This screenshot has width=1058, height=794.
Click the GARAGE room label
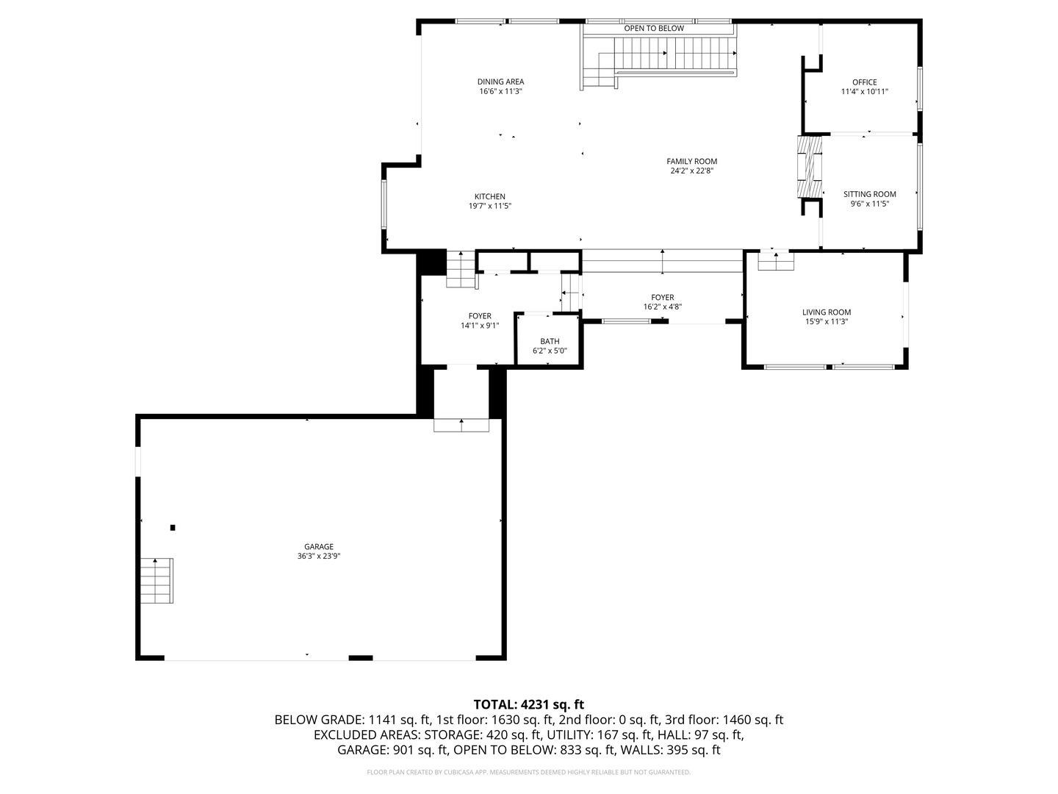[319, 546]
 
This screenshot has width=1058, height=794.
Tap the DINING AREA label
[500, 82]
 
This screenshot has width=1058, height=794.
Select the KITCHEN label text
[489, 196]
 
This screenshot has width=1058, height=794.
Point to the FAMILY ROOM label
[691, 161]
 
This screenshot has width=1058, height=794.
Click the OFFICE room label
[864, 82]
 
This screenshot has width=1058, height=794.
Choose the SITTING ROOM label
[869, 194]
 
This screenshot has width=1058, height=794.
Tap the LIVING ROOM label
[827, 312]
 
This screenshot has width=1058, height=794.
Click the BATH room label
[550, 341]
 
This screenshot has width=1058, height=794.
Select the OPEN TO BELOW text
[654, 29]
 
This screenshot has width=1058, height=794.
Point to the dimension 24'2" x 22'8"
[691, 171]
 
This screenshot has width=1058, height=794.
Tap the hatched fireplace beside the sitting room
[810, 167]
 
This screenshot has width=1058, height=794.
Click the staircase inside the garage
[157, 581]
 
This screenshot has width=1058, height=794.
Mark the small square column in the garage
[173, 527]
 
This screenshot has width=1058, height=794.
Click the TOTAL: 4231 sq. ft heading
[528, 704]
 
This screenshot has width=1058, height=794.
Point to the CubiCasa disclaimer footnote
[528, 772]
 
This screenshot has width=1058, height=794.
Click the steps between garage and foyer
[461, 425]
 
